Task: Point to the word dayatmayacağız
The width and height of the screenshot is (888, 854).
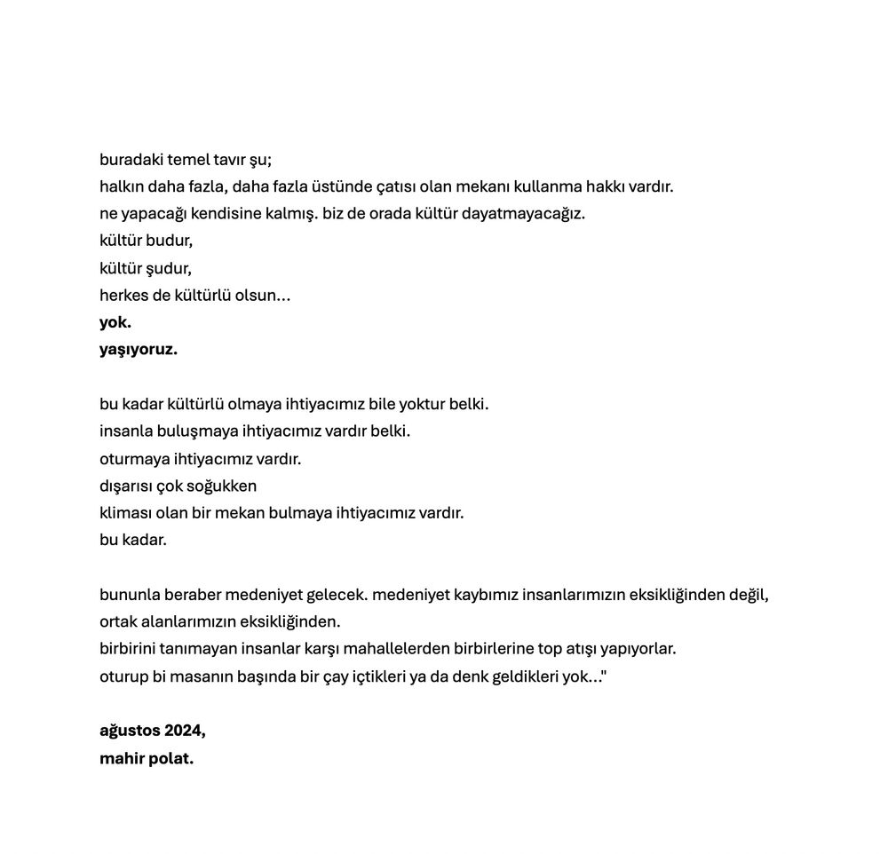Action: (523, 215)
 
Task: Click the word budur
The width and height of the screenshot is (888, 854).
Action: (170, 241)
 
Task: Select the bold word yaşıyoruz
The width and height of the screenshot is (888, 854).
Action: (139, 350)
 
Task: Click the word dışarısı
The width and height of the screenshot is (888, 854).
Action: (126, 486)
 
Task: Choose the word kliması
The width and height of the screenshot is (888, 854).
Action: (125, 513)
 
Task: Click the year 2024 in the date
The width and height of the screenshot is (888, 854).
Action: (184, 731)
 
